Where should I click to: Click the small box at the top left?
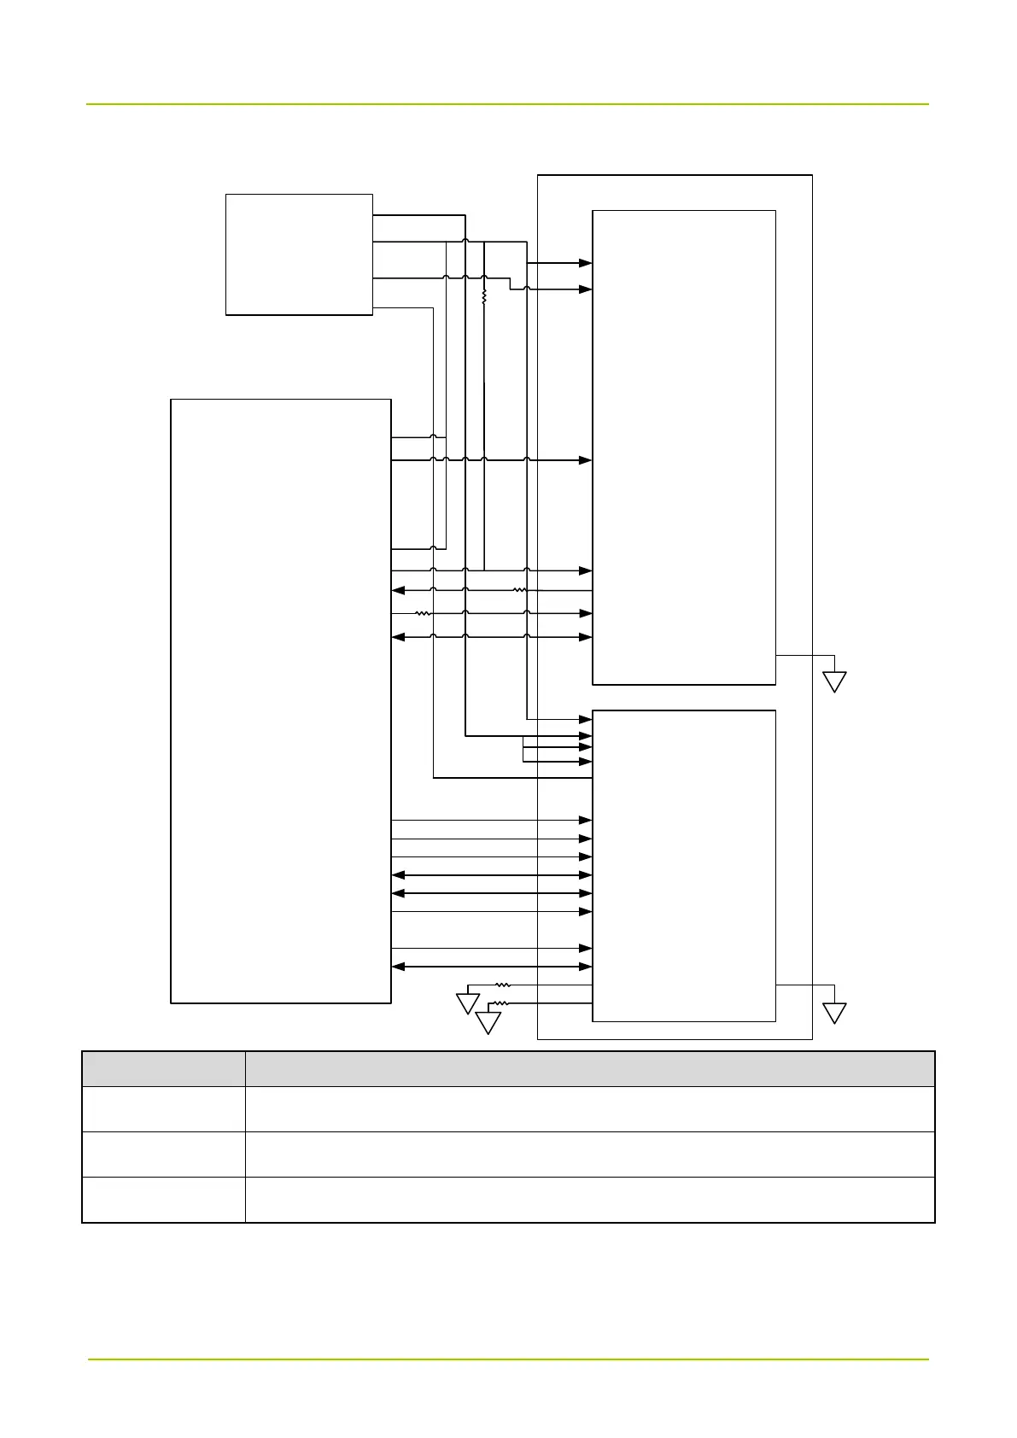click(x=299, y=254)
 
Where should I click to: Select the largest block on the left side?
click(x=281, y=700)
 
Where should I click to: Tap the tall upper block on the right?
click(x=684, y=447)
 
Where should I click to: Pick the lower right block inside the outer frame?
click(x=684, y=865)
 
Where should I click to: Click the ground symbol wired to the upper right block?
click(x=834, y=681)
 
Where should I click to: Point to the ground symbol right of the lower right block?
click(x=834, y=1013)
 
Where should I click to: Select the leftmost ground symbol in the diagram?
click(x=467, y=1003)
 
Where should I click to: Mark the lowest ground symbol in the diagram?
click(x=488, y=1022)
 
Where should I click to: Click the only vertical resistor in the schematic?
click(x=484, y=297)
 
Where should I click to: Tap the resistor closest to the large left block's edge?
click(x=422, y=613)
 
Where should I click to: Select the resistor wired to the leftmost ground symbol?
click(x=503, y=985)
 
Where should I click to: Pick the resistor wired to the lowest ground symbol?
click(x=502, y=1003)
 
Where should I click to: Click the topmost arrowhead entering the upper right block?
click(x=586, y=264)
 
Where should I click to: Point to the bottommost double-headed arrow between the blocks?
click(x=492, y=967)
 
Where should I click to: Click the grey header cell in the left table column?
click(x=163, y=1069)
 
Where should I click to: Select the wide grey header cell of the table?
click(x=590, y=1069)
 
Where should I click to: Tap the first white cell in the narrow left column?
click(x=163, y=1109)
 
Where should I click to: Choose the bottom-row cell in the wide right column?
click(x=590, y=1200)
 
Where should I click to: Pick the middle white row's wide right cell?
click(x=590, y=1154)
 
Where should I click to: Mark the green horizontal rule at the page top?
click(x=507, y=104)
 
